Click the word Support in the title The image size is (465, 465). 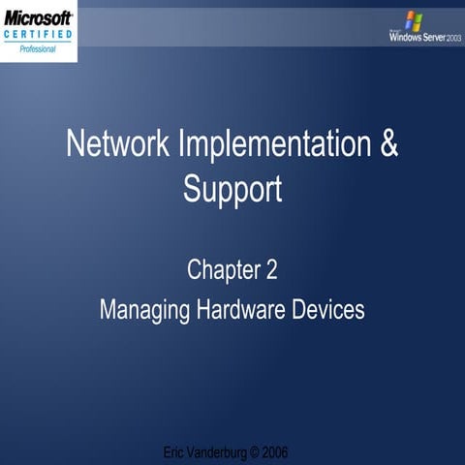pos(232,187)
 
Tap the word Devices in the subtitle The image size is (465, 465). pos(328,310)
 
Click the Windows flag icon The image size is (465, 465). pos(414,19)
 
